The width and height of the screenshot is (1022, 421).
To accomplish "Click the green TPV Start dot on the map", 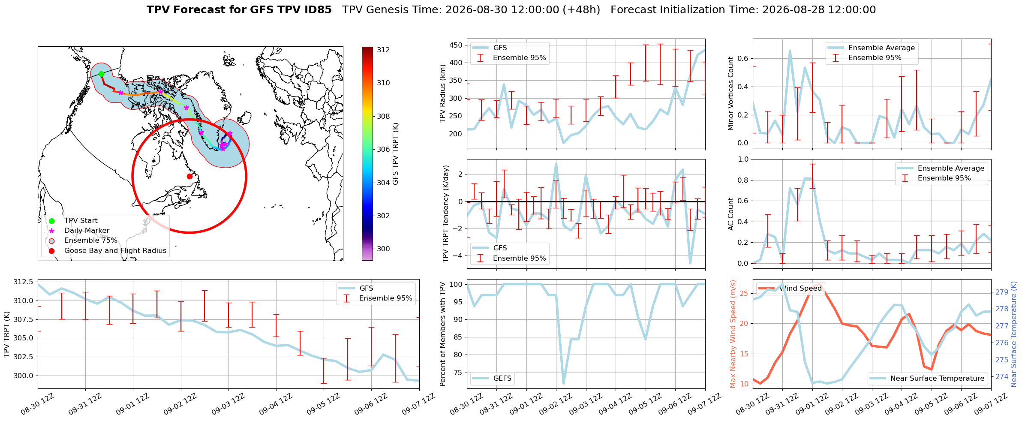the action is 101,74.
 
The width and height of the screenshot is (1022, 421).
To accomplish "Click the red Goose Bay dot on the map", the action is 189,176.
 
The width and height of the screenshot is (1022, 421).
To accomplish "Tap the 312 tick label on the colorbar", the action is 383,50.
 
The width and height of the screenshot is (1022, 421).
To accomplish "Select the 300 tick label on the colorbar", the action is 383,249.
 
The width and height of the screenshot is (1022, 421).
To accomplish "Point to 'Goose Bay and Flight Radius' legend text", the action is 115,251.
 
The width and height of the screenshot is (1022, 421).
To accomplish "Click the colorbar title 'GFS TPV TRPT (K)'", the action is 396,154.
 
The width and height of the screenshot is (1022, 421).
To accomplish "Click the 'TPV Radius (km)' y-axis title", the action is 443,94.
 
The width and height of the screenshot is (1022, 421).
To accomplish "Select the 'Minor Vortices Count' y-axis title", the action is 730,93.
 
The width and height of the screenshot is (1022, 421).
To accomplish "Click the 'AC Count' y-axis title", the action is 730,214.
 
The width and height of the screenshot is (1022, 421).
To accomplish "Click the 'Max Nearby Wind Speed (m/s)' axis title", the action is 733,334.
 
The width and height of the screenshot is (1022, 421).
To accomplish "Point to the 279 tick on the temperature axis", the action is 1002,292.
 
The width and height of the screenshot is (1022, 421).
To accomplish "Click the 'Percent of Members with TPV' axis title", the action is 443,334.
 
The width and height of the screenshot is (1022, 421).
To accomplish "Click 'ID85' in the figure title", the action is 317,10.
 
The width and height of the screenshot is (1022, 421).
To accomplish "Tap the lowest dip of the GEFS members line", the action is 563,384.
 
